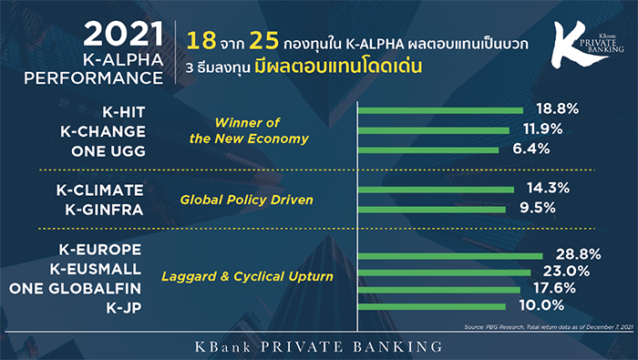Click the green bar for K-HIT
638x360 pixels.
(440, 110)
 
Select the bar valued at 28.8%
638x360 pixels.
(450, 256)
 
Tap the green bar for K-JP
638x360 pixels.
(432, 307)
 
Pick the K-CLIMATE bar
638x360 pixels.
(436, 190)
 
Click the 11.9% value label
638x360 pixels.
(543, 129)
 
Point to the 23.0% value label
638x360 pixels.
(566, 272)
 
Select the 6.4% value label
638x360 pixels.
(531, 149)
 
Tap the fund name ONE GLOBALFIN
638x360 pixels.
(76, 288)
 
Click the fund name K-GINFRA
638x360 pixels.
(104, 210)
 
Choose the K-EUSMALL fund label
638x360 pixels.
(96, 269)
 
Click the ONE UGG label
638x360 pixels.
(108, 151)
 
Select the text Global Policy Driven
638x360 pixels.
(247, 200)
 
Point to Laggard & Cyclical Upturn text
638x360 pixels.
(247, 277)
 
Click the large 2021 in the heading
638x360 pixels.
(124, 34)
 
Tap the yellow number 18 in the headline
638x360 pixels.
(201, 41)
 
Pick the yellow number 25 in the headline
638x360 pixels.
(264, 41)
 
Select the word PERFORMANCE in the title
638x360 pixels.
(94, 78)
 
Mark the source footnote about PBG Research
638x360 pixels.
(549, 327)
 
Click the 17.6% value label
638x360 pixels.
(554, 288)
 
